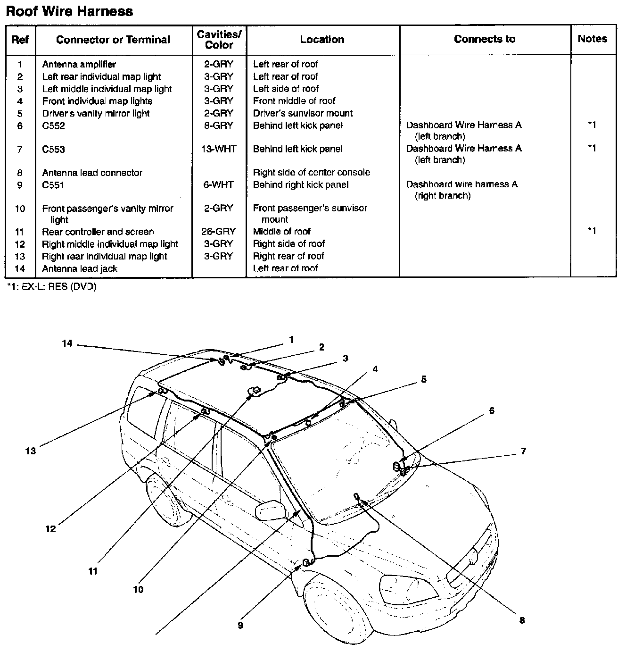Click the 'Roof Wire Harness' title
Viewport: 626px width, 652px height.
[x=69, y=11]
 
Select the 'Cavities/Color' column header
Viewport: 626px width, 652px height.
[x=219, y=40]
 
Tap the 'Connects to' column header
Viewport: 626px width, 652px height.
[x=485, y=39]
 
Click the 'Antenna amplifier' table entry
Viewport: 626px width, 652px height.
[x=79, y=64]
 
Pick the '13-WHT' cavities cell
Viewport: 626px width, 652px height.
[x=219, y=149]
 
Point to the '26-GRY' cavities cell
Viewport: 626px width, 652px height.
[x=219, y=232]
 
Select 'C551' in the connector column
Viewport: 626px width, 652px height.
[x=53, y=185]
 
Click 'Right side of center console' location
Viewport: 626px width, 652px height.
[x=311, y=173]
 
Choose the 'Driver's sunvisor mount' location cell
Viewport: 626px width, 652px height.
[x=303, y=113]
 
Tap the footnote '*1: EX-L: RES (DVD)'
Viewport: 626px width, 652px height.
[x=51, y=287]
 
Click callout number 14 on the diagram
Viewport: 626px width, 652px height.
[x=67, y=343]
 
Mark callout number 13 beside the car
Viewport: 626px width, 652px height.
[x=31, y=451]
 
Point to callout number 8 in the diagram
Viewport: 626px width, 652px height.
[x=522, y=620]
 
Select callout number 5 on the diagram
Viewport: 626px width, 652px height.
[x=424, y=379]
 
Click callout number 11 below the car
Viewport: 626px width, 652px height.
[x=93, y=571]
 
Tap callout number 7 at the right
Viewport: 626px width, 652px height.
[x=523, y=451]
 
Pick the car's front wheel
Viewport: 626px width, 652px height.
[x=330, y=609]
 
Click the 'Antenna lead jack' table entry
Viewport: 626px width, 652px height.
[x=79, y=268]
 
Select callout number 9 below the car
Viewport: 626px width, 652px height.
[x=240, y=626]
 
